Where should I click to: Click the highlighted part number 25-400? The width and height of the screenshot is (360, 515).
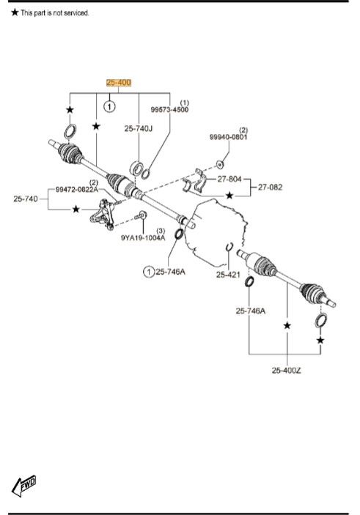click(x=119, y=83)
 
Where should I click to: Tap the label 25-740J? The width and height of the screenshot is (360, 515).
click(x=139, y=128)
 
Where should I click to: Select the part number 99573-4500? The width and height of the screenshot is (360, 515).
click(x=169, y=109)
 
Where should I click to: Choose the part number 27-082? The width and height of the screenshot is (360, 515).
click(x=270, y=187)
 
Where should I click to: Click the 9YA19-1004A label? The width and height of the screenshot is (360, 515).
click(x=143, y=237)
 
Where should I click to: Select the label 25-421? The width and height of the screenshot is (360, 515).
click(x=228, y=275)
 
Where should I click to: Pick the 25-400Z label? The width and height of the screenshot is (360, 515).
click(x=285, y=370)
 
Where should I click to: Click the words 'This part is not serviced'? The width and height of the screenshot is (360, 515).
click(x=55, y=13)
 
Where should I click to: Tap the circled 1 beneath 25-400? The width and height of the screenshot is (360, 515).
click(x=109, y=107)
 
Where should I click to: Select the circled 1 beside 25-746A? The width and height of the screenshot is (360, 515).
click(x=149, y=273)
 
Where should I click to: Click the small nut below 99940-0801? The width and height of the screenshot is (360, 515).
click(x=221, y=163)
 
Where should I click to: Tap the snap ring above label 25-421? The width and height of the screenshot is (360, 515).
click(x=229, y=247)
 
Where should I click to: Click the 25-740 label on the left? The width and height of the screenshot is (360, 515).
click(x=26, y=198)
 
